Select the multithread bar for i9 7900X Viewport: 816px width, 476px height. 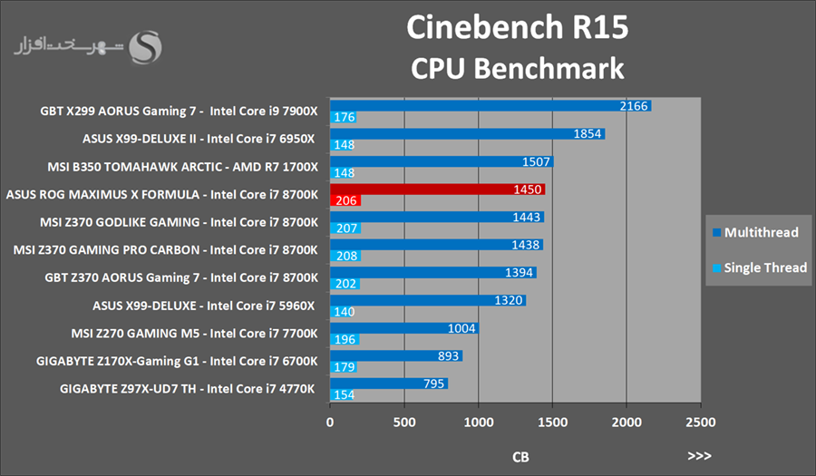point(490,106)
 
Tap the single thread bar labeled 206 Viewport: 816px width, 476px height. point(345,200)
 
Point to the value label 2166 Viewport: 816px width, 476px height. point(634,106)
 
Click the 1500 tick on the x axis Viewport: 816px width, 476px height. point(552,422)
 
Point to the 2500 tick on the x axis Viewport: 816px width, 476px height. point(700,422)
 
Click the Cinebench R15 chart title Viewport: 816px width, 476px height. point(516,28)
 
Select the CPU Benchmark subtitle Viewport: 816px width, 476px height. point(517,69)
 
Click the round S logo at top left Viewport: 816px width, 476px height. point(146,46)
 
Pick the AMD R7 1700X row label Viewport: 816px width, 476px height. point(183,167)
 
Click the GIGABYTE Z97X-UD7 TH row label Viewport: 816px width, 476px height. point(188,388)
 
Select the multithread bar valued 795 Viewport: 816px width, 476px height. point(389,384)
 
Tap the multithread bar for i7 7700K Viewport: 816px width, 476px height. point(404,328)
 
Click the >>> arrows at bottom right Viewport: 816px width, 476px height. point(699,456)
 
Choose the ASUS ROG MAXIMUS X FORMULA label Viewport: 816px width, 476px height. point(162,194)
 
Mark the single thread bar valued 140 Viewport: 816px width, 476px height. point(343,311)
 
